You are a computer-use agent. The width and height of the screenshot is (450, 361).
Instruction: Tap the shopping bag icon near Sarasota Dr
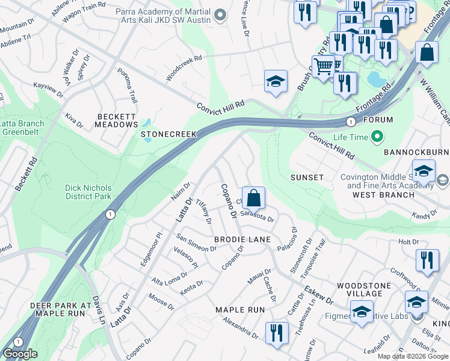coord(254,197)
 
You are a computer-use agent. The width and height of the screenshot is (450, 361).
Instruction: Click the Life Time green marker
coord(377,137)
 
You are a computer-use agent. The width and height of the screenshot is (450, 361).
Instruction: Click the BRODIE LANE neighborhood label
coord(242,239)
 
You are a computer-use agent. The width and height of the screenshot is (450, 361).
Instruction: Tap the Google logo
coord(20,354)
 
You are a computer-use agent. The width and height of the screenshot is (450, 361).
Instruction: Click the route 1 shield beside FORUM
coord(350,122)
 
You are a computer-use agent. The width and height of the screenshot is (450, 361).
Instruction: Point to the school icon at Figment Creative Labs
coord(362,312)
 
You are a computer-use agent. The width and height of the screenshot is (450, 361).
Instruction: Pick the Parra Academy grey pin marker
coord(220,14)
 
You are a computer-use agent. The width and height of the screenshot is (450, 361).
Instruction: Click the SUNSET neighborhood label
coord(307,177)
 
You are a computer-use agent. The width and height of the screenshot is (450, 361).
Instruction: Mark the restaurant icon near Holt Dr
coord(427,261)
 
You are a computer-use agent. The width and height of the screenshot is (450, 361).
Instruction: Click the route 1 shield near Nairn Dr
coord(109,214)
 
